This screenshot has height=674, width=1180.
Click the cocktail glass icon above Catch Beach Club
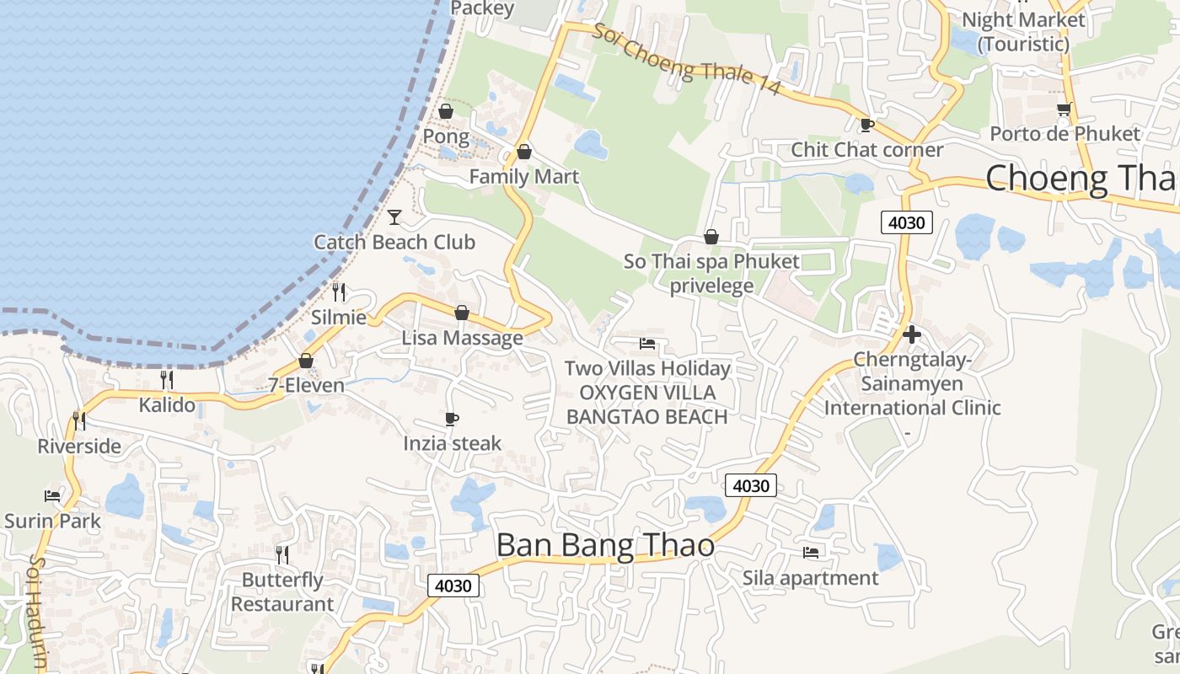click(x=394, y=217)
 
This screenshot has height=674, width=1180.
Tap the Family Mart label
click(x=523, y=176)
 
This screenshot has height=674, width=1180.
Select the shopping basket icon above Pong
click(x=446, y=111)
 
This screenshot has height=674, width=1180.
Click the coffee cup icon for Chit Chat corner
click(x=866, y=126)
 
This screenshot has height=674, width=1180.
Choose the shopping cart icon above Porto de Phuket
click(x=1065, y=109)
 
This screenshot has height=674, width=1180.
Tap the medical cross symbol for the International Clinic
click(x=911, y=334)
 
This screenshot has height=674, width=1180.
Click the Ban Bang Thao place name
click(x=605, y=546)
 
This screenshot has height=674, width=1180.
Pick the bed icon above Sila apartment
click(x=811, y=553)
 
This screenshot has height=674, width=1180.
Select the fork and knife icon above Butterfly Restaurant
click(x=282, y=554)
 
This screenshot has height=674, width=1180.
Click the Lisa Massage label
click(x=462, y=338)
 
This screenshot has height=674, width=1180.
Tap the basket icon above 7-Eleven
click(x=306, y=361)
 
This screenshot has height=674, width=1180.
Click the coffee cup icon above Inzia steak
click(x=452, y=419)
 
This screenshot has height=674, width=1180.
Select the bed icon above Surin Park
click(x=52, y=495)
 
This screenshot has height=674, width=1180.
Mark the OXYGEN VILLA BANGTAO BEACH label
click(x=646, y=404)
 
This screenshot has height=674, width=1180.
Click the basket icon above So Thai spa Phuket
click(x=711, y=237)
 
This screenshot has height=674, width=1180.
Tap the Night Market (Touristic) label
click(x=1023, y=31)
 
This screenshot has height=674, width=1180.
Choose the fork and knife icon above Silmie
click(x=339, y=292)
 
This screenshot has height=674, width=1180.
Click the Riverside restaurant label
click(x=79, y=447)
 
